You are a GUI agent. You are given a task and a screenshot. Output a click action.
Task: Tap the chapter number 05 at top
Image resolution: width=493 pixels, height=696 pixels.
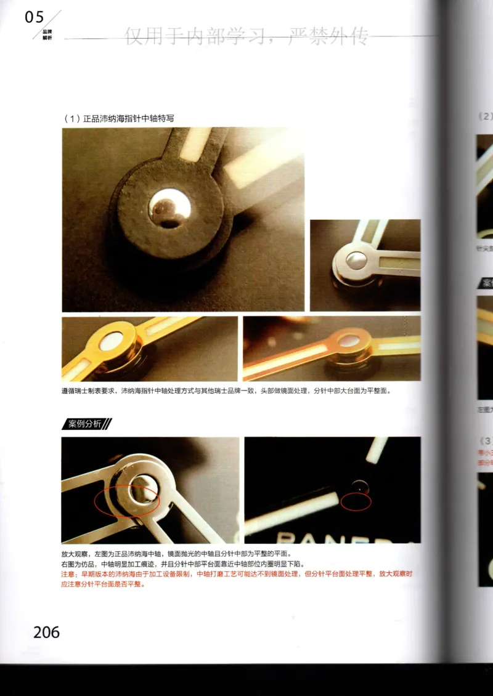point(35,18)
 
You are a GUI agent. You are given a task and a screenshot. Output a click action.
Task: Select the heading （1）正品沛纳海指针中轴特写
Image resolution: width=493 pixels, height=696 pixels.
point(123,118)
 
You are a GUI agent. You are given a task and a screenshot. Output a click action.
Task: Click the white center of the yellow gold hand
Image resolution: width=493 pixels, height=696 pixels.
point(111,341)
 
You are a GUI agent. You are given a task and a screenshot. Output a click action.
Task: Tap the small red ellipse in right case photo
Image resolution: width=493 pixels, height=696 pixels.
point(356,501)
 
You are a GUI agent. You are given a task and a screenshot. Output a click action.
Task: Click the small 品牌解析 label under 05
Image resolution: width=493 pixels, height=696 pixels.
point(47,34)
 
